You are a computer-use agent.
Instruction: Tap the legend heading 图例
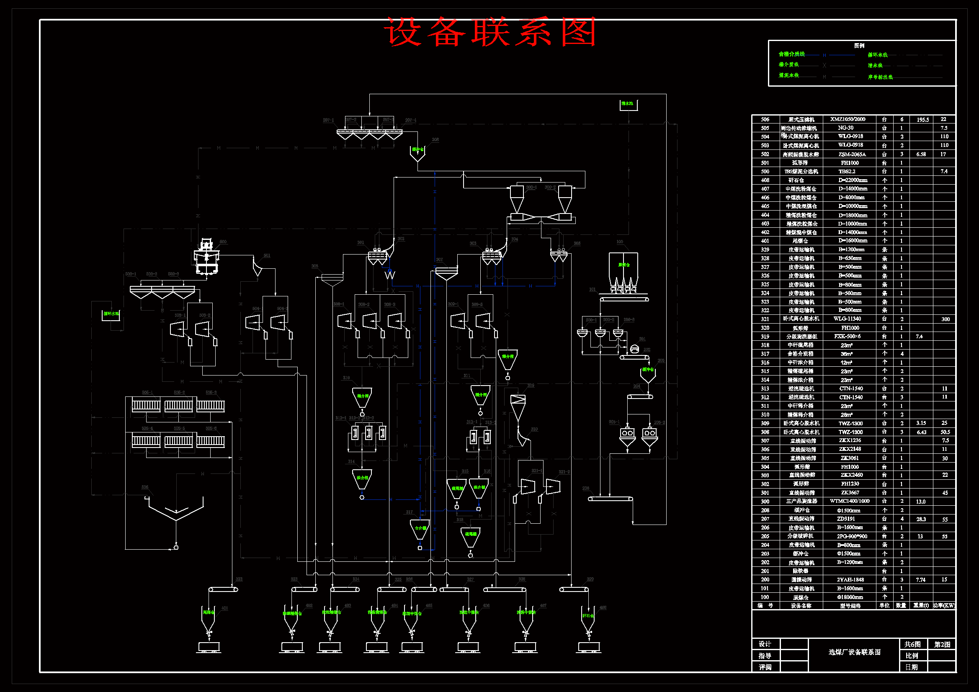859,46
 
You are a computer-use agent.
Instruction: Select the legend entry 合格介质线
791,54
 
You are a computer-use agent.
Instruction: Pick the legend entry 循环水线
878,55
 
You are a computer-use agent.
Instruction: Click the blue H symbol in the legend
824,55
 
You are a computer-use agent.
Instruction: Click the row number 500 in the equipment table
765,171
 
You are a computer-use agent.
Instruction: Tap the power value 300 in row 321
946,319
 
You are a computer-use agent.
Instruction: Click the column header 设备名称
801,605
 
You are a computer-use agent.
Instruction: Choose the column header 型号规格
850,605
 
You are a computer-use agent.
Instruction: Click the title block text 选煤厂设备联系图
855,652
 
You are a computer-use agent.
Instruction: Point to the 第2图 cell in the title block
942,644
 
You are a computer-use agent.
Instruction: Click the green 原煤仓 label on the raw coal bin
624,265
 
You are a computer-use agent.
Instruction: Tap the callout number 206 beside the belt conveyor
585,489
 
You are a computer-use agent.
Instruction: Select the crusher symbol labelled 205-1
627,434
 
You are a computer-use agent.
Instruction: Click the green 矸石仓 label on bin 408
587,616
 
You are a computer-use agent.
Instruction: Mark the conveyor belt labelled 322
223,589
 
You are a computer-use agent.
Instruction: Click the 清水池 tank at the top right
628,105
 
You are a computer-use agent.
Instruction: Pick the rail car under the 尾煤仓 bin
209,647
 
